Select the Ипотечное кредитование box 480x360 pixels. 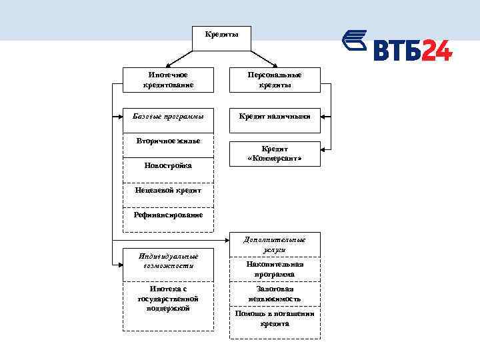(x=168, y=80)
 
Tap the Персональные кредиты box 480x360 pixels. (x=275, y=80)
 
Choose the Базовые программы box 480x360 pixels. (x=168, y=116)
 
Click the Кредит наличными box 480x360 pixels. (x=275, y=116)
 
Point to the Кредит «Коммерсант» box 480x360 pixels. (x=275, y=154)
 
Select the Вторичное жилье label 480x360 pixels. (x=168, y=141)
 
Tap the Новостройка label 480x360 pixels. (x=168, y=165)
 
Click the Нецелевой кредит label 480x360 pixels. (x=168, y=191)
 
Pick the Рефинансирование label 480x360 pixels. (x=168, y=215)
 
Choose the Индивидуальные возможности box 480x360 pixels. (x=168, y=261)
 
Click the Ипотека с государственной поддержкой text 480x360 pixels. (x=168, y=299)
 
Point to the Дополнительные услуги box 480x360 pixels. (x=275, y=244)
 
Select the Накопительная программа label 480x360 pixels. (x=275, y=269)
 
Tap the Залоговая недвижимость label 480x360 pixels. (x=275, y=294)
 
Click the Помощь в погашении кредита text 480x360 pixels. (x=275, y=319)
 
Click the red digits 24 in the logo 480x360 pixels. (x=436, y=50)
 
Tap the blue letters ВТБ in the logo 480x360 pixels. (x=397, y=50)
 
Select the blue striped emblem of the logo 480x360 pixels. (x=355, y=41)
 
